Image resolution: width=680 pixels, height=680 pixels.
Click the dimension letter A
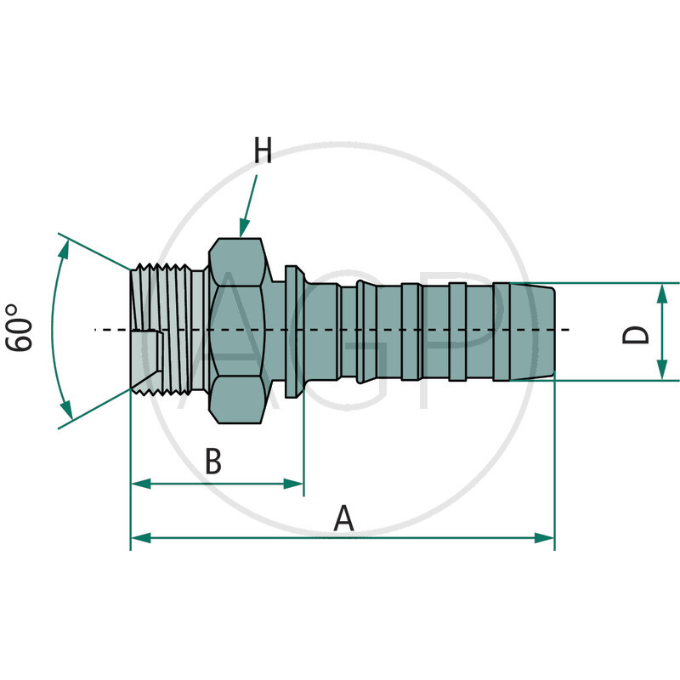click(343, 518)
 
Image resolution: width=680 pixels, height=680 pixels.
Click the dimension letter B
click(213, 463)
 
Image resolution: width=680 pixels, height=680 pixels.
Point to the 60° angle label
click(20, 327)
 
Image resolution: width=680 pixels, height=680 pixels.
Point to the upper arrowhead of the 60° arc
click(65, 247)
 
